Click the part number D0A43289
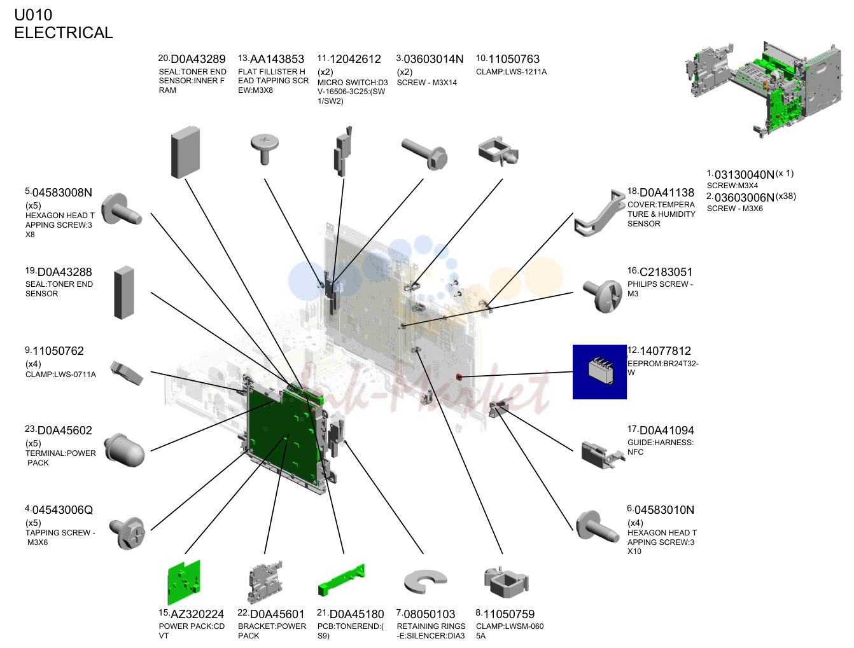click(198, 59)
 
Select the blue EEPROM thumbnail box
click(599, 371)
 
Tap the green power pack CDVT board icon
click(184, 582)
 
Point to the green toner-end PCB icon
click(342, 579)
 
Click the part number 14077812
click(665, 351)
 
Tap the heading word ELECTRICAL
click(64, 32)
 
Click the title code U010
click(33, 15)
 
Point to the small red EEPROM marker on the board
click(459, 376)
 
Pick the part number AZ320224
click(197, 614)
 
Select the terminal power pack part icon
click(125, 451)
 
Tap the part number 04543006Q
click(62, 509)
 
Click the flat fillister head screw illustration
click(265, 149)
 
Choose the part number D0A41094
click(666, 431)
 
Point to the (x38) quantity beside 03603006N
click(786, 196)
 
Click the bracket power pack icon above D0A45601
click(265, 582)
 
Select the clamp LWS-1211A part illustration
click(498, 151)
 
